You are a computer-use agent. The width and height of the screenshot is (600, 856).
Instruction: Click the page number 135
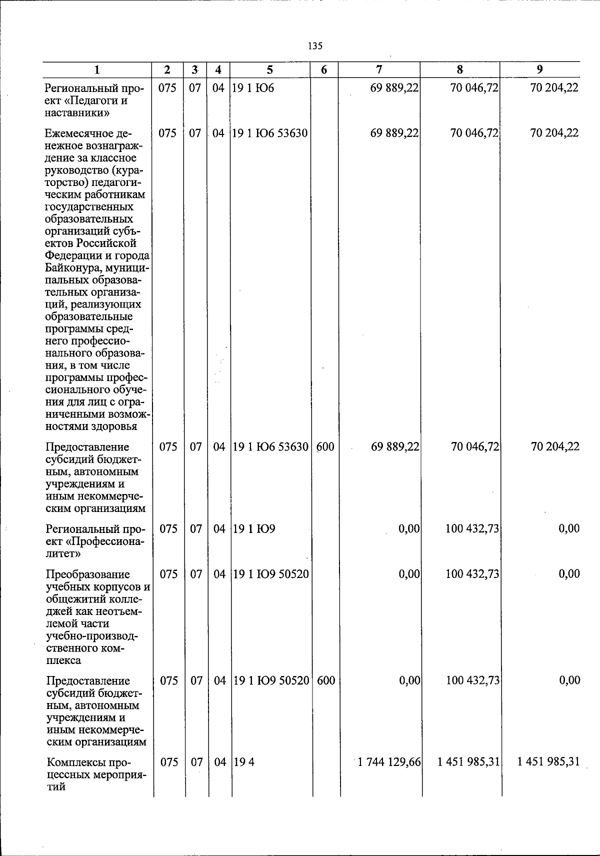pyautogui.click(x=315, y=46)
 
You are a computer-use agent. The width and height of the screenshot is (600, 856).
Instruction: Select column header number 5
pyautogui.click(x=270, y=70)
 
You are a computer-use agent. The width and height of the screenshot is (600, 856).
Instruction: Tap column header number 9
pyautogui.click(x=539, y=69)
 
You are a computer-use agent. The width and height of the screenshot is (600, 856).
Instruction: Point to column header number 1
pyautogui.click(x=97, y=70)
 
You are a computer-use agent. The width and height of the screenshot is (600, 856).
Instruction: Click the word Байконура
pyautogui.click(x=68, y=268)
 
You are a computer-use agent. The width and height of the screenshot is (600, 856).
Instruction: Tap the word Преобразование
pyautogui.click(x=87, y=574)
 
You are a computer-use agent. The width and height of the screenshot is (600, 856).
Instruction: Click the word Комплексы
pyautogui.click(x=75, y=762)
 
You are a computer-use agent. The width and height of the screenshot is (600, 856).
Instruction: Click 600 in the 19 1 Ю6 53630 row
pyautogui.click(x=325, y=446)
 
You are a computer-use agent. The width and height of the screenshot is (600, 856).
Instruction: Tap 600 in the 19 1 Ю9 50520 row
pyautogui.click(x=325, y=680)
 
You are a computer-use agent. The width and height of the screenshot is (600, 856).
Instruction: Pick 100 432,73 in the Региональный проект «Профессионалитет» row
pyautogui.click(x=472, y=529)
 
